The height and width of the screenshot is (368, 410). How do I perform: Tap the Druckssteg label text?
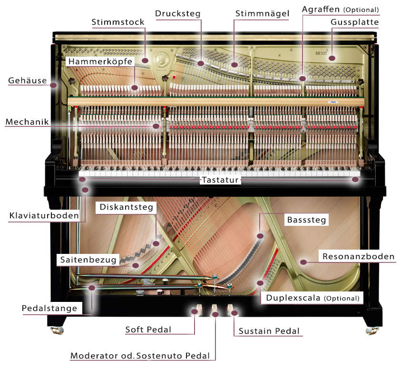(x=178, y=13)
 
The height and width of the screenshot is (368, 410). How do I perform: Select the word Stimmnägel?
(x=262, y=13)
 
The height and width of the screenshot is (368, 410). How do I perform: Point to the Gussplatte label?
(x=355, y=22)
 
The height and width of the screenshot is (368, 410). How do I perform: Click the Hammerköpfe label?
(x=100, y=62)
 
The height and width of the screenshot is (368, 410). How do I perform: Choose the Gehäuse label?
(x=27, y=80)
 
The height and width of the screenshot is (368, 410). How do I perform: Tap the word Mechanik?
(x=27, y=122)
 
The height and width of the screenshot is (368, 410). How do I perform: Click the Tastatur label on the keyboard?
(x=220, y=180)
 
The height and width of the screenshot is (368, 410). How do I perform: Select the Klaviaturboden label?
(x=44, y=216)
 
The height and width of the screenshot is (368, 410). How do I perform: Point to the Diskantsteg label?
(x=126, y=207)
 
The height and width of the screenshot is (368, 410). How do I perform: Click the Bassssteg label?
(x=307, y=220)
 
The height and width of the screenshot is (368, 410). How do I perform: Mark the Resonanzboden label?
(x=358, y=257)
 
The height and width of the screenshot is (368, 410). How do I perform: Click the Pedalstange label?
(x=49, y=309)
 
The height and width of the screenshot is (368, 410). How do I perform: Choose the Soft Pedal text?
(x=148, y=329)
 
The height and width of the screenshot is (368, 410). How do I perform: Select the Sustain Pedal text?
(x=269, y=331)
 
